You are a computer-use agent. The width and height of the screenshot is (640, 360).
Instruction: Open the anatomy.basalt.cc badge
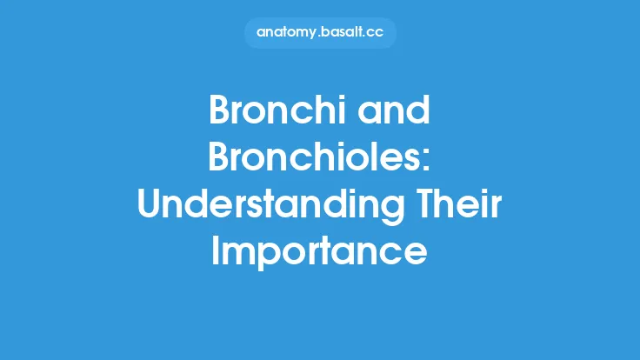click(x=320, y=33)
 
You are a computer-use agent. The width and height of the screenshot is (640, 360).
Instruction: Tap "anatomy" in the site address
click(x=285, y=33)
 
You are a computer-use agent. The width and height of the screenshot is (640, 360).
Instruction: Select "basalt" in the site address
click(x=342, y=33)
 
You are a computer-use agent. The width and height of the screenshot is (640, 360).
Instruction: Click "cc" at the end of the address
click(x=375, y=33)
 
